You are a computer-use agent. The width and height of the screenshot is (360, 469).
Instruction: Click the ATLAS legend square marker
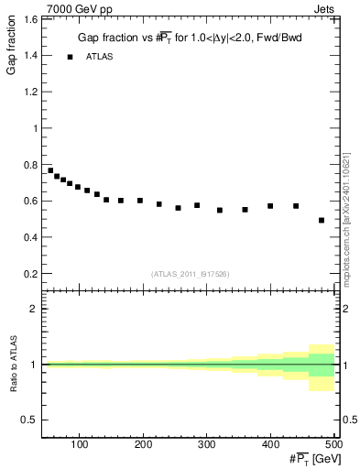point(69,57)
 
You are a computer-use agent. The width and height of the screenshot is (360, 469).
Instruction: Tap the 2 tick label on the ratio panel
point(33,310)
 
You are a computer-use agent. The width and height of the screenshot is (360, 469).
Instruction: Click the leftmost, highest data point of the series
point(50,170)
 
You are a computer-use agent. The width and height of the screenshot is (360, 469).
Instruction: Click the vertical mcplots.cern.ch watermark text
point(350,220)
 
